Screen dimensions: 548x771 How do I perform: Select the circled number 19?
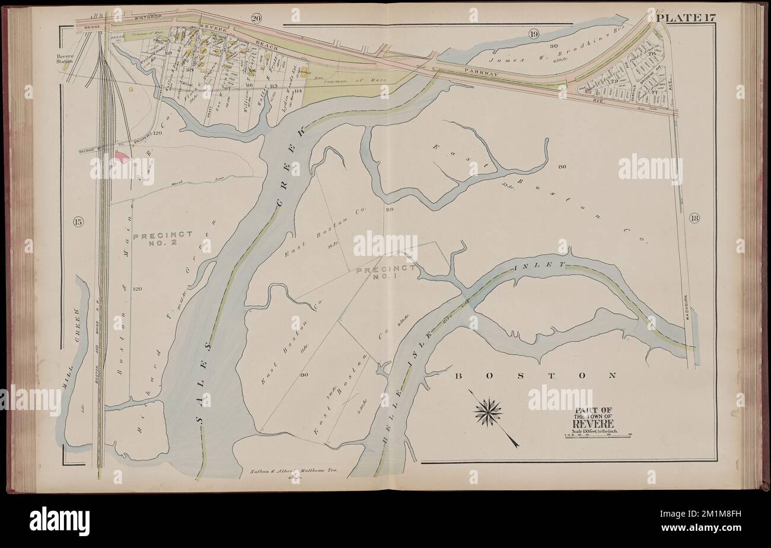click(x=534, y=34)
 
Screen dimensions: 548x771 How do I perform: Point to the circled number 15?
click(x=78, y=222)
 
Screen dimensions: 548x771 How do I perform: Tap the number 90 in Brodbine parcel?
click(x=555, y=46)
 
